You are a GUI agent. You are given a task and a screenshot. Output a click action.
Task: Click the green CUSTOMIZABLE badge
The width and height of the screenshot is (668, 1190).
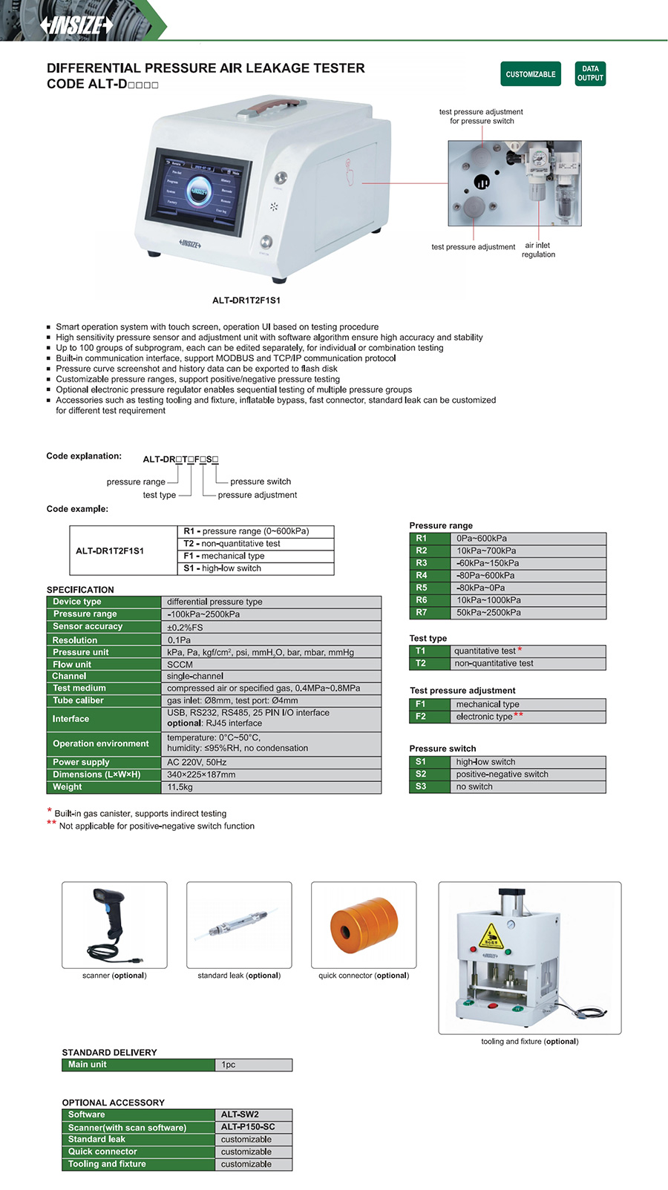(x=530, y=74)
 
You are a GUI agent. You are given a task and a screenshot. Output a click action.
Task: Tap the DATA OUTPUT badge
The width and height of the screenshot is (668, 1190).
(x=590, y=73)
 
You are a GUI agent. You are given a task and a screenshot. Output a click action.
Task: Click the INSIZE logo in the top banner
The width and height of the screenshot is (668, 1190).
(x=77, y=25)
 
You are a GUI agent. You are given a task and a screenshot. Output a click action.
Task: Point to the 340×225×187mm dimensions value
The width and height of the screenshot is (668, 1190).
(x=201, y=775)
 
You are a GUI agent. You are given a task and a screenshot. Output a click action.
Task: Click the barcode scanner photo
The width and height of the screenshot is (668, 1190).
(x=114, y=924)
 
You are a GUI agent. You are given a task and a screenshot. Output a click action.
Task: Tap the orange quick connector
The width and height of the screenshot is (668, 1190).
(x=364, y=926)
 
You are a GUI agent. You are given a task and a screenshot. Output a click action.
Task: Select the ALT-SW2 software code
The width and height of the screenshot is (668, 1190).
(x=240, y=1114)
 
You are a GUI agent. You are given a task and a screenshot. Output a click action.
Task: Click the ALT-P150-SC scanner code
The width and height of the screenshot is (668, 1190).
(x=248, y=1127)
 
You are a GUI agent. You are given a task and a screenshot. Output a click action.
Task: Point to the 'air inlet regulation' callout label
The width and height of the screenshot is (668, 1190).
(x=538, y=250)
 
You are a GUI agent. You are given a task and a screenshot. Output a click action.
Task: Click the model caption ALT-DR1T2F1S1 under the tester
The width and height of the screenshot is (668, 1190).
(x=246, y=300)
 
